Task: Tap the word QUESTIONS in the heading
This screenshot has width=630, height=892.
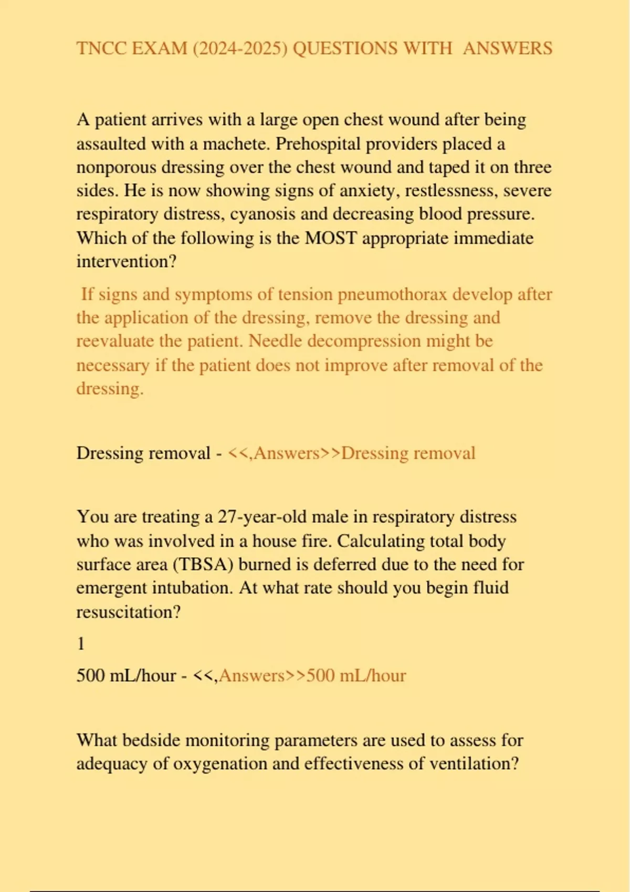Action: (344, 48)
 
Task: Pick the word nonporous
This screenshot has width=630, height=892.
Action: (117, 167)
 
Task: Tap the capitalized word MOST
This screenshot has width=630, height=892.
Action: (331, 238)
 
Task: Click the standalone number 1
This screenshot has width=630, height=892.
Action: (81, 644)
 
